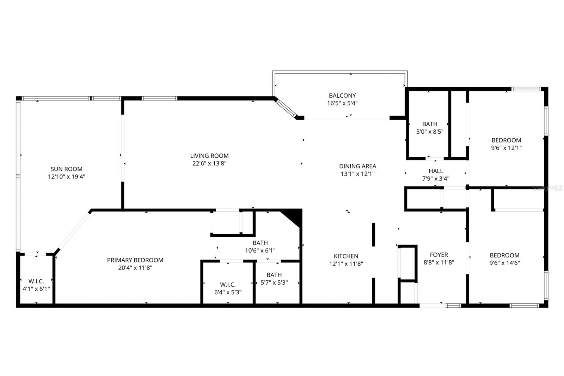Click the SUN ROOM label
click(x=67, y=169)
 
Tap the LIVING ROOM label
click(x=209, y=156)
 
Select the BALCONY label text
click(x=342, y=96)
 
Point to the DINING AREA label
click(x=357, y=166)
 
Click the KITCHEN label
click(x=346, y=256)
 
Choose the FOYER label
click(x=439, y=255)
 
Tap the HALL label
click(x=436, y=171)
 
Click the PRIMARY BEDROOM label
click(x=135, y=260)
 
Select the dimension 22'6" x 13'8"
click(x=209, y=163)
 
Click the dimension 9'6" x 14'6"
click(x=504, y=262)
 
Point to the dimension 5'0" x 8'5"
click(x=430, y=132)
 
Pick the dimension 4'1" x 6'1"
click(x=36, y=289)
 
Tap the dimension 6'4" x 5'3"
click(x=228, y=292)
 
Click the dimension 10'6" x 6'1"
click(x=260, y=250)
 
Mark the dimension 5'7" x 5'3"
click(x=274, y=283)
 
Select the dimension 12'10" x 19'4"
click(x=67, y=176)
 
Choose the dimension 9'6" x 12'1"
click(x=506, y=148)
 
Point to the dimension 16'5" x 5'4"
click(x=342, y=103)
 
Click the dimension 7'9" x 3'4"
click(x=436, y=178)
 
